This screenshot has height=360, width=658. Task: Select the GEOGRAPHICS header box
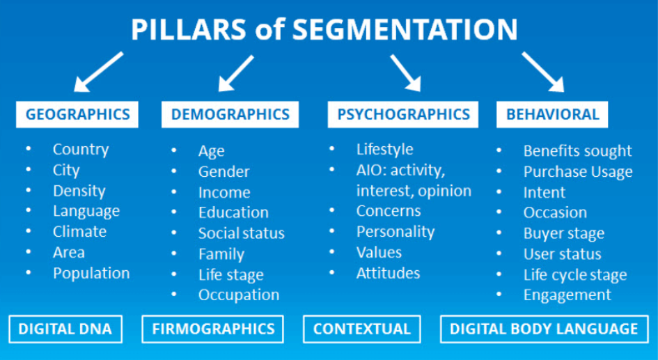77,114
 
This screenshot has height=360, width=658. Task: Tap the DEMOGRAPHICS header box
230,114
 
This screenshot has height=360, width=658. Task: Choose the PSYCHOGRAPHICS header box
404,114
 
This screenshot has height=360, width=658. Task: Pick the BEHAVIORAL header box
552,114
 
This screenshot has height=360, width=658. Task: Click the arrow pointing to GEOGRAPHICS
100,72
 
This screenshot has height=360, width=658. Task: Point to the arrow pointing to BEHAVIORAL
543,72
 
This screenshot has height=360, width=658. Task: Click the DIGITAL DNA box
65,329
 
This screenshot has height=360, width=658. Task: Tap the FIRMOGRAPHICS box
214,329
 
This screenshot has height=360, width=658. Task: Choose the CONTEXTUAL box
362,329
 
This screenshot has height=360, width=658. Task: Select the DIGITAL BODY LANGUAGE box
544,329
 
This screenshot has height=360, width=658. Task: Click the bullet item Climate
79,232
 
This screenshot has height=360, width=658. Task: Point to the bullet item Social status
241,233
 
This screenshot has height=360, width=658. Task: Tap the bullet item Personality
395,232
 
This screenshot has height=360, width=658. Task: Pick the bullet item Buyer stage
563,233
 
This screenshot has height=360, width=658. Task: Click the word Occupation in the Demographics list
238,295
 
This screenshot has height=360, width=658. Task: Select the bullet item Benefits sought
577,151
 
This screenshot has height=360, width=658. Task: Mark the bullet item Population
91,273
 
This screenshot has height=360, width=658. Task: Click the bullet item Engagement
567,295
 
